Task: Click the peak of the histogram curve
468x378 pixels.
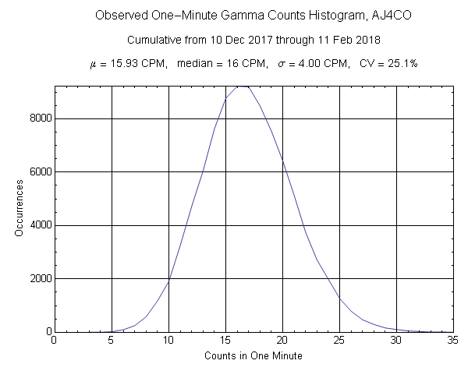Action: [x=243, y=86]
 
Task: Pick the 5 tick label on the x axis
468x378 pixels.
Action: [x=112, y=341]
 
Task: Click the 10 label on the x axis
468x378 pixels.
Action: [x=168, y=341]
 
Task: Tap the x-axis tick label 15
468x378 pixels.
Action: [x=225, y=341]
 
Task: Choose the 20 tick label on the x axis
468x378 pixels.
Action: [x=282, y=341]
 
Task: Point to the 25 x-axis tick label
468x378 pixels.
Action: [x=339, y=341]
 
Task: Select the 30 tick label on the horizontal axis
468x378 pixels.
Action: [x=396, y=341]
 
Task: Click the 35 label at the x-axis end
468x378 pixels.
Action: [x=452, y=341]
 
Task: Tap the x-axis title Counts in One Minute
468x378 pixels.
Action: [x=253, y=356]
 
